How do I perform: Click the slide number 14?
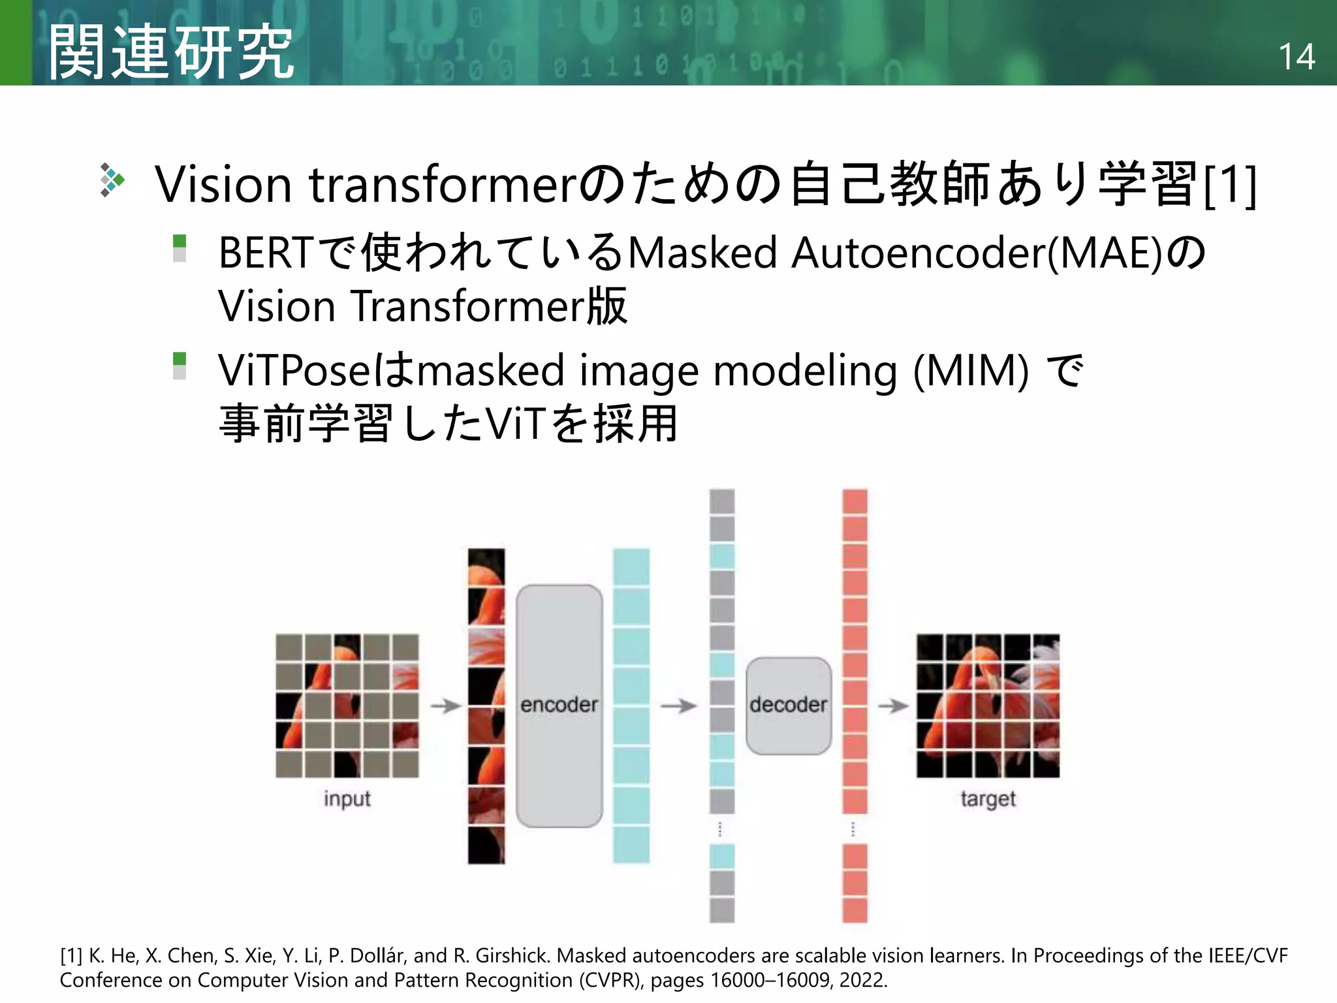click(x=1296, y=57)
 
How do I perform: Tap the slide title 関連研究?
click(x=171, y=52)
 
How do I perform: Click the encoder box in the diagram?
click(x=559, y=705)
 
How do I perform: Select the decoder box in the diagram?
click(x=788, y=705)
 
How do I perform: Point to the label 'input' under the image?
click(x=347, y=799)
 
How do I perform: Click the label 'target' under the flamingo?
click(x=988, y=799)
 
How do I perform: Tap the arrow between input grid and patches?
click(x=446, y=705)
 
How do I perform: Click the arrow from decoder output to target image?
click(x=892, y=705)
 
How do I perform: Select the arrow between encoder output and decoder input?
click(x=679, y=705)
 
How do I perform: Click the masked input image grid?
click(x=347, y=705)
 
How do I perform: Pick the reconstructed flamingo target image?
click(x=988, y=705)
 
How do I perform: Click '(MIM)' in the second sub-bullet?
click(x=971, y=370)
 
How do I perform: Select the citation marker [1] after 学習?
click(x=1230, y=185)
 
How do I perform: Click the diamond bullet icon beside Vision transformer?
click(x=112, y=180)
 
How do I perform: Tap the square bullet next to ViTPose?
click(x=180, y=366)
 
